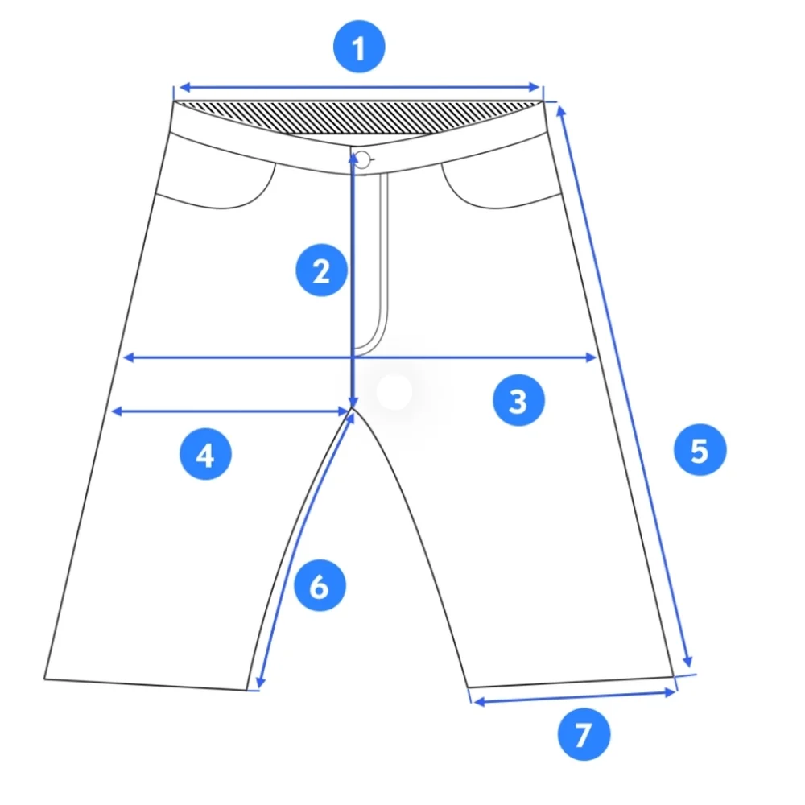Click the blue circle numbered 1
[359, 47]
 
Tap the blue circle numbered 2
[322, 270]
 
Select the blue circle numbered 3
[518, 400]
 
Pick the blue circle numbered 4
[205, 454]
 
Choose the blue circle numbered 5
[700, 450]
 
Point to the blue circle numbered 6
[320, 585]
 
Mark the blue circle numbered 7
[584, 734]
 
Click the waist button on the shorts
[363, 160]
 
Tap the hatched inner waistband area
[359, 117]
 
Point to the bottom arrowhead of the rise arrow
[353, 402]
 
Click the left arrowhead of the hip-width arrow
[128, 357]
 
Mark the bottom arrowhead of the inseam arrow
[260, 682]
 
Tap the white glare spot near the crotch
[394, 392]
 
